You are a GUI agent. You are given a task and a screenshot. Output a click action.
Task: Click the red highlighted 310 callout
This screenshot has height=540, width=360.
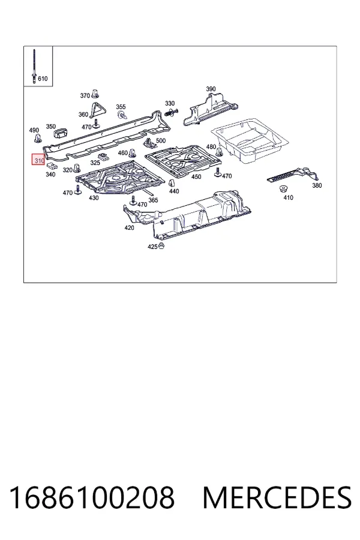38,160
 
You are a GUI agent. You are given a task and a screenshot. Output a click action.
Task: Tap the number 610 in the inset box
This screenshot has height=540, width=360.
43,79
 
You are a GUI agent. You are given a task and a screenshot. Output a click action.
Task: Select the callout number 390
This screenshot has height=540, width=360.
211,89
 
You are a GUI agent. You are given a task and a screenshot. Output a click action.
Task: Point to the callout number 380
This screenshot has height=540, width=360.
317,185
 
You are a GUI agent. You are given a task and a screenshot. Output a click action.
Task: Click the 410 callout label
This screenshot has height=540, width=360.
288,197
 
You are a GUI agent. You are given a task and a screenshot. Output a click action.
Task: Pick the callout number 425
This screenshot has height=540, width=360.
152,247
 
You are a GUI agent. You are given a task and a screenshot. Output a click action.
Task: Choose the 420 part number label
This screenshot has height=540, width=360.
129,227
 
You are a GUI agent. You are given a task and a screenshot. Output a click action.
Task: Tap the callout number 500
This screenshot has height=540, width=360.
161,140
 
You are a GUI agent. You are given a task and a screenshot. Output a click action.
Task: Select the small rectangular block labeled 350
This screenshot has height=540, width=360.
61,132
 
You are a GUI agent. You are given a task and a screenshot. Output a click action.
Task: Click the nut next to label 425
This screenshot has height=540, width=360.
161,246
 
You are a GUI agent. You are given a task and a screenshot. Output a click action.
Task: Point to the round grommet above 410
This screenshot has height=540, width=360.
284,189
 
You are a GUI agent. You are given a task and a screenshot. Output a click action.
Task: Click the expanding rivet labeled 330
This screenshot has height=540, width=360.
172,112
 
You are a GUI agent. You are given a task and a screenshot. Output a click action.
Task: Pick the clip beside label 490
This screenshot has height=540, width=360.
38,139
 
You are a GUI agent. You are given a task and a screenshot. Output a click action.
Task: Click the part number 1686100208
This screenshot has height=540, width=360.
92,497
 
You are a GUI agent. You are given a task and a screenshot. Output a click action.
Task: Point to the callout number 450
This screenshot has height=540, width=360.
196,176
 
